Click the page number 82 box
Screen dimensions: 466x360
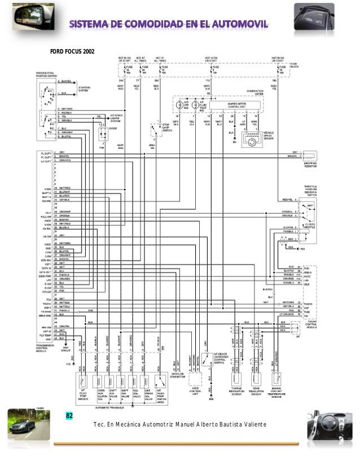tap(70, 416)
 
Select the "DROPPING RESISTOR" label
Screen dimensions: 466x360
tap(311, 164)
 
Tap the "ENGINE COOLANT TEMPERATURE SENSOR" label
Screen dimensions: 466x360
tap(276, 393)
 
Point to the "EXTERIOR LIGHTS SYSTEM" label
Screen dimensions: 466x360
tap(117, 118)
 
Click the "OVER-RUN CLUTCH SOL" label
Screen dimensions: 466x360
tap(101, 393)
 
